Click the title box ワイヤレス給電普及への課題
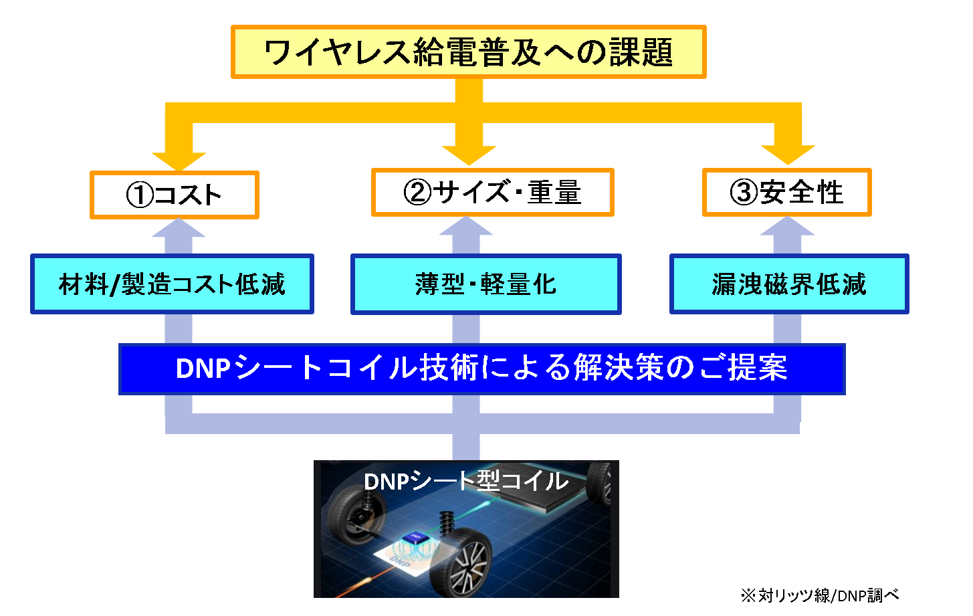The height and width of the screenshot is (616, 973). (x=468, y=52)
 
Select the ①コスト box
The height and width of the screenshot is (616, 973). (x=174, y=195)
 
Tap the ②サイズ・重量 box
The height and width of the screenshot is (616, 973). (x=492, y=193)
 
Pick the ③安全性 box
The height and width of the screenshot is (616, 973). (x=786, y=193)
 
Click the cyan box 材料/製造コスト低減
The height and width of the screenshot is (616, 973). (x=172, y=284)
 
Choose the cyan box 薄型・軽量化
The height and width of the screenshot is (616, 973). (x=486, y=284)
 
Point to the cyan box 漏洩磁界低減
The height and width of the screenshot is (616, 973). (x=789, y=284)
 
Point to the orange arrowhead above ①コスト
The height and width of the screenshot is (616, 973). (x=178, y=159)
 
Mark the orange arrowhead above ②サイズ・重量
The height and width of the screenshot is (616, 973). (x=468, y=155)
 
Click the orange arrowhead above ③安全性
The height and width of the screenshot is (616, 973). (x=787, y=155)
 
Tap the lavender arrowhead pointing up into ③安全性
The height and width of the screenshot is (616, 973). (x=787, y=227)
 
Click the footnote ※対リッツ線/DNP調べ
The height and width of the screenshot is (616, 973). (x=819, y=595)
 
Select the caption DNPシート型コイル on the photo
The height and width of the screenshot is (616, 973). (x=466, y=481)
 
